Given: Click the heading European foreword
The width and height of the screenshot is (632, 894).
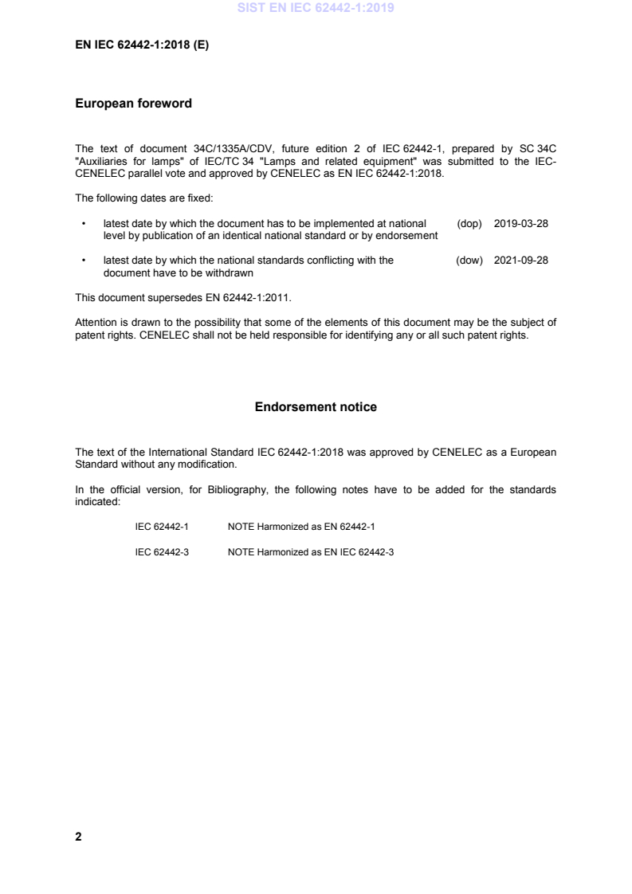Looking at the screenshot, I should click(133, 104).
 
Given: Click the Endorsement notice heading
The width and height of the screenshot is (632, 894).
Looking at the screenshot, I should click(316, 407).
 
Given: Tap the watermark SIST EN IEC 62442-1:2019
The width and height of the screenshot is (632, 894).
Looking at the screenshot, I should click(316, 10).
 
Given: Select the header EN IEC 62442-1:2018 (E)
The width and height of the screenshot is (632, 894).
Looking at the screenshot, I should click(142, 45).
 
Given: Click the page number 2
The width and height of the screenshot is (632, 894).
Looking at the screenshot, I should click(78, 837).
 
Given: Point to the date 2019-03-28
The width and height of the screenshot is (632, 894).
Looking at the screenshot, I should click(521, 224).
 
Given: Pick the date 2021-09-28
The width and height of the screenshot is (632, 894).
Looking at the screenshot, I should click(521, 260).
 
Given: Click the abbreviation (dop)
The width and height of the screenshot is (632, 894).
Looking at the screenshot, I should click(470, 224).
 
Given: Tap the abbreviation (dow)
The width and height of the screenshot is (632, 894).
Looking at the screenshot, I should click(470, 260).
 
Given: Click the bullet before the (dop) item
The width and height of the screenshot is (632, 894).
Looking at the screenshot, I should click(83, 224).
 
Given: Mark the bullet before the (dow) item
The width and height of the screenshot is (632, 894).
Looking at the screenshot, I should click(83, 260).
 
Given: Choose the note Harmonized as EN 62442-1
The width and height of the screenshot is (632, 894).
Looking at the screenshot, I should click(300, 527).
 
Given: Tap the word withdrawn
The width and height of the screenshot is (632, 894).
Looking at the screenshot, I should click(230, 272).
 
